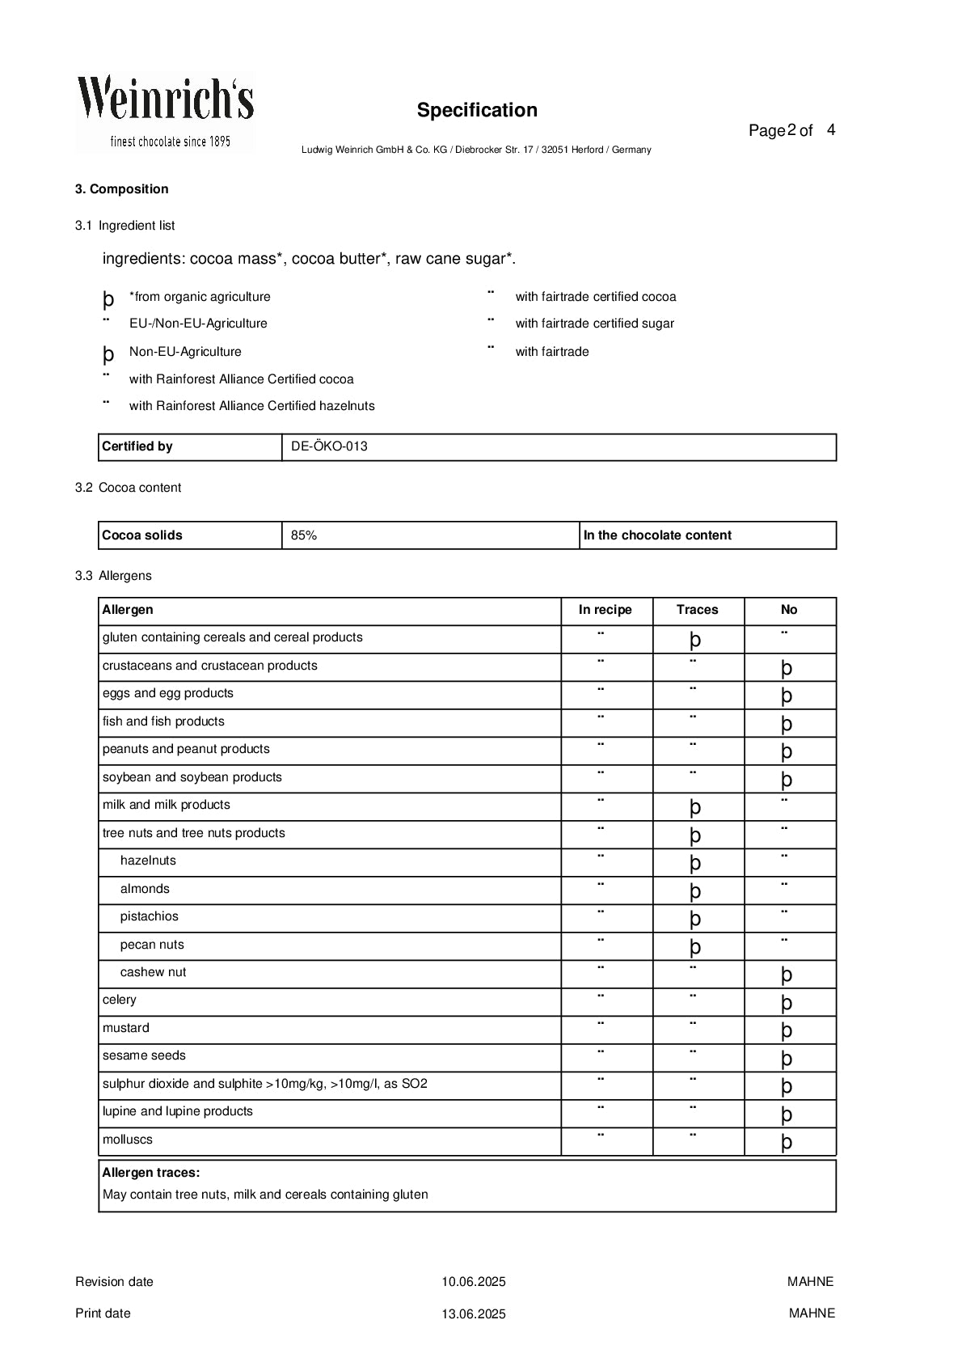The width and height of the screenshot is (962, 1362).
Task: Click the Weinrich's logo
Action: coord(166,112)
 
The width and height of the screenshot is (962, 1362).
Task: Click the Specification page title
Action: coord(477,110)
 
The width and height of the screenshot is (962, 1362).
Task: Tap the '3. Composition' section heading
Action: coord(121,189)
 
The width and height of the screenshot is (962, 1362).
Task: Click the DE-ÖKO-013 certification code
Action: coord(329,446)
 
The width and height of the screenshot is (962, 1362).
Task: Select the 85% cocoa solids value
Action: coord(304,535)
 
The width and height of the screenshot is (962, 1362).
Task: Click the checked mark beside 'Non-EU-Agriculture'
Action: coord(108,353)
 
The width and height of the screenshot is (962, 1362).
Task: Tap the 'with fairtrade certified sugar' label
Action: coord(594,324)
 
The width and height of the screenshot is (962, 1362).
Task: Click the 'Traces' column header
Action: coord(697,610)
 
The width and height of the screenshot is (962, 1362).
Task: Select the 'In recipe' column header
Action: coord(605,610)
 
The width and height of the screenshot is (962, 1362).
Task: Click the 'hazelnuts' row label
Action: coord(148,861)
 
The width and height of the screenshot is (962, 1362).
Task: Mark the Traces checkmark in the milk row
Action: coord(695,807)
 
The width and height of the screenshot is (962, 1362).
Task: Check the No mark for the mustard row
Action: coord(787,1030)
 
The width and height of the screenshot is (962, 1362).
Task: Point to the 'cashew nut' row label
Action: coord(153,972)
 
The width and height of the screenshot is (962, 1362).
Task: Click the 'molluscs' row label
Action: coord(127,1140)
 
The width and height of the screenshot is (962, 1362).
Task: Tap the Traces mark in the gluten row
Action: coord(695,640)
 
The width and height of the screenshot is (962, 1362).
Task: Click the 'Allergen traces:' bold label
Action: coord(151,1173)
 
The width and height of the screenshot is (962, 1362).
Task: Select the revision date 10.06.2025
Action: coord(473,1282)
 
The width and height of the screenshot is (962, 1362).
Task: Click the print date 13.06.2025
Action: coord(473,1314)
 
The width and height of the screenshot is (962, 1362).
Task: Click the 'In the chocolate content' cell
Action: coord(657,535)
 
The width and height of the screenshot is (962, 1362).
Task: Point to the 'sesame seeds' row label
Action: coord(144,1055)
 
